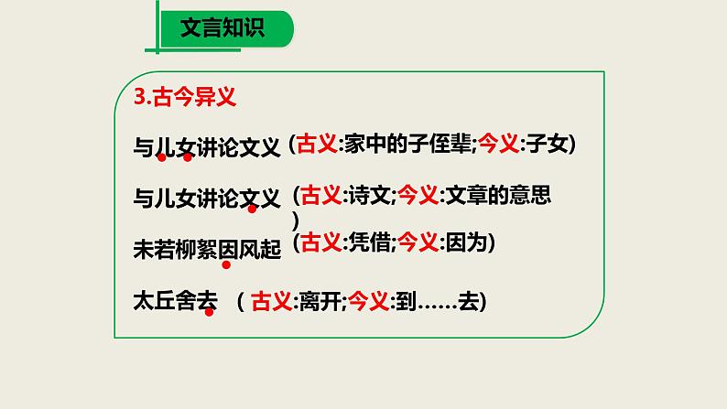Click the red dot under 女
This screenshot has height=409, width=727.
click(188, 157)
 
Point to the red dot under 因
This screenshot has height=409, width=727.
click(226, 264)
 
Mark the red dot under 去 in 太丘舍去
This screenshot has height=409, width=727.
click(209, 312)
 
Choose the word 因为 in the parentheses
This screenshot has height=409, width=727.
click(464, 242)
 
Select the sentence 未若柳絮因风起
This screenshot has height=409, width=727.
click(206, 247)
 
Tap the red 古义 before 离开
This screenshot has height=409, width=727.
click(270, 299)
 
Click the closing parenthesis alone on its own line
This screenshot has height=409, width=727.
click(295, 220)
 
